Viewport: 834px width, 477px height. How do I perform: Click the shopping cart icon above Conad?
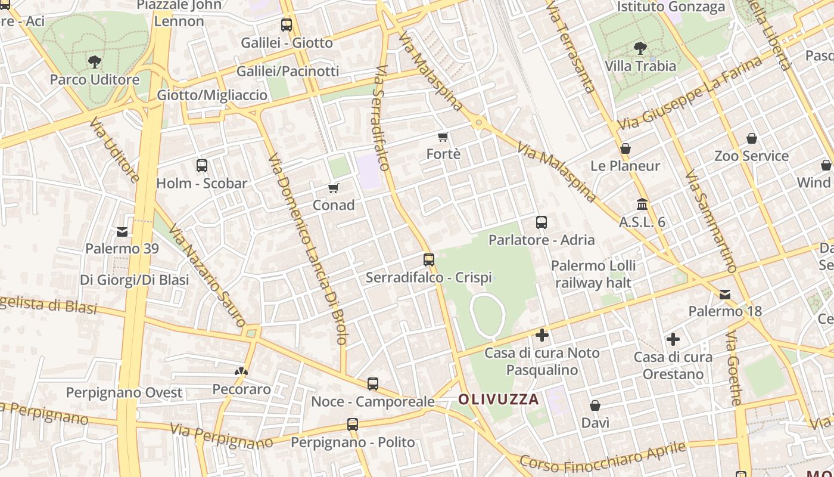(334, 188)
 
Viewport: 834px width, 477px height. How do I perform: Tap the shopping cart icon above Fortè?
(443, 137)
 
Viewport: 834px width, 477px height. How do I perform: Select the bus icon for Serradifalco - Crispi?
(429, 260)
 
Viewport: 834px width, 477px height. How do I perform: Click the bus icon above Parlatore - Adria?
(542, 222)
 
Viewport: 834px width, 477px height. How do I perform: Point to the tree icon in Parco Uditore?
(94, 61)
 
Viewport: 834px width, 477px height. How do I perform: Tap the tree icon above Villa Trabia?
(640, 48)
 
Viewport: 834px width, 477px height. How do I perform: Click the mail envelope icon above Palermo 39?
(122, 231)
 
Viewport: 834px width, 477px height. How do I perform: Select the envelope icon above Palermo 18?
(725, 294)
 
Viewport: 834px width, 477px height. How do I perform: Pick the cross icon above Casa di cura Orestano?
(673, 339)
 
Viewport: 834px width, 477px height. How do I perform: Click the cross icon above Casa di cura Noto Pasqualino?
(542, 335)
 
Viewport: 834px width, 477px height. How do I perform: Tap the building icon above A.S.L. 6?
(642, 205)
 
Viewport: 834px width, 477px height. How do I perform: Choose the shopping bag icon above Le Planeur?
(625, 148)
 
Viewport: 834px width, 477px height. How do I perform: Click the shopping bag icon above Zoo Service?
(752, 138)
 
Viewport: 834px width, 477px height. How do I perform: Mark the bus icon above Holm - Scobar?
(202, 166)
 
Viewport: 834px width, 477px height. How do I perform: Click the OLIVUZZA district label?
(499, 399)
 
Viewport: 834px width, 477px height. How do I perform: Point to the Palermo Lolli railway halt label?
(593, 274)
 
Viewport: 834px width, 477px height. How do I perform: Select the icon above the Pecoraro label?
(241, 372)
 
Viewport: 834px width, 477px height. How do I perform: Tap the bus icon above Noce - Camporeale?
(373, 384)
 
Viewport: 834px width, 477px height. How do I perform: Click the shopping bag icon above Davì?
(595, 406)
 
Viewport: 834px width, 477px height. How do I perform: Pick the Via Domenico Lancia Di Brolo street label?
(307, 249)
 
